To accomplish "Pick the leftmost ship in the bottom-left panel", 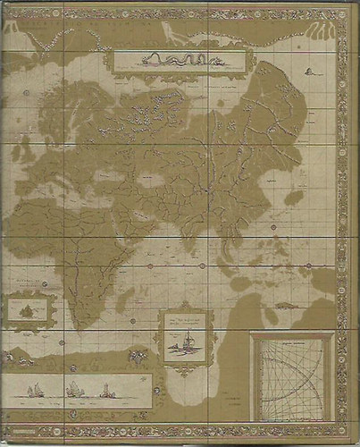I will [36, 390].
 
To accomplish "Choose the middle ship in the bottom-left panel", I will [72, 389].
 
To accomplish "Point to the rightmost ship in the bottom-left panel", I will [106, 389].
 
